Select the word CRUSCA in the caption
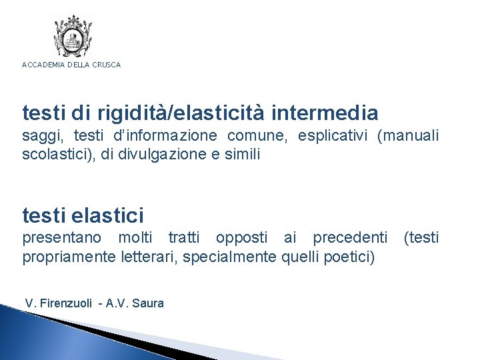pyautogui.click(x=107, y=65)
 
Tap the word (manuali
pyautogui.click(x=408, y=137)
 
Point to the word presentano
pyautogui.click(x=62, y=238)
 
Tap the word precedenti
pyautogui.click(x=350, y=238)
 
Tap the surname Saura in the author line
pyautogui.click(x=148, y=303)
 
